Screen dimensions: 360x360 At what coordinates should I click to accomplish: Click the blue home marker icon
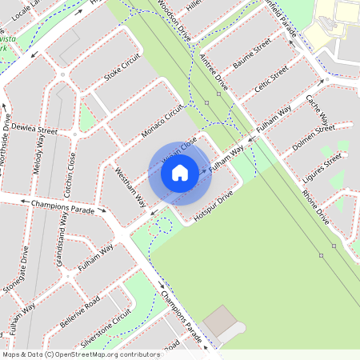180,173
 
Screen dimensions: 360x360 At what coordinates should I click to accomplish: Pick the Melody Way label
39,153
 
